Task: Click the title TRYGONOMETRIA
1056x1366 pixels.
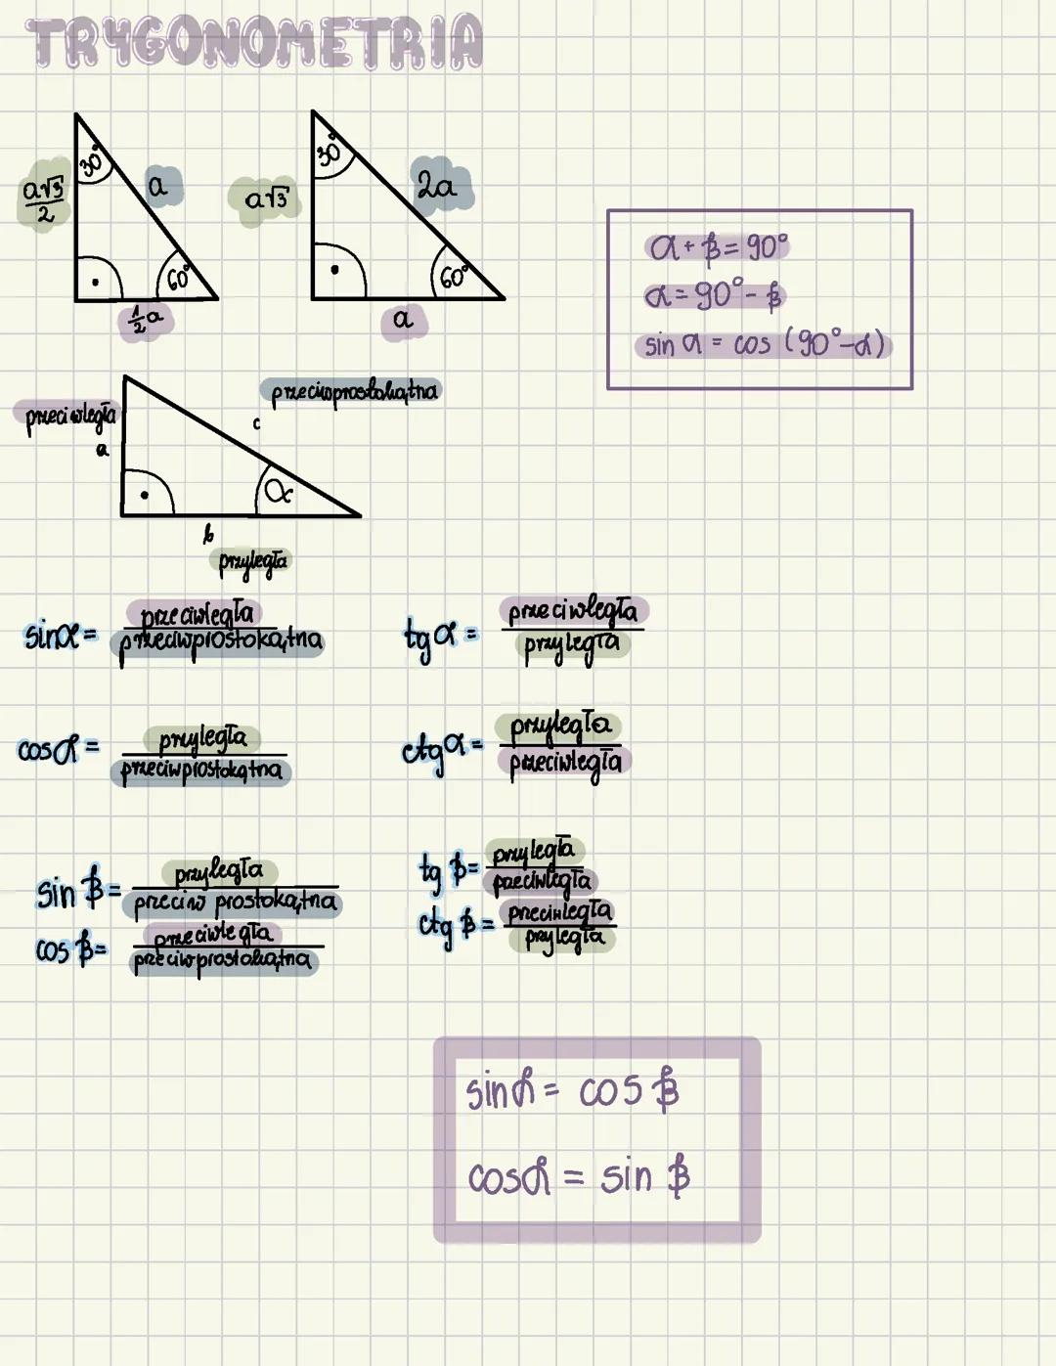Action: coord(254,43)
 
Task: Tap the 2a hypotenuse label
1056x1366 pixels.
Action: coord(438,184)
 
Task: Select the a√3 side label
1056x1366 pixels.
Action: coord(266,199)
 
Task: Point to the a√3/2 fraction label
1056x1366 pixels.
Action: coord(44,198)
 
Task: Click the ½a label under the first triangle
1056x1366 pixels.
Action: coord(148,319)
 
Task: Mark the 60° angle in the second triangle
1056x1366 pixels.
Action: coord(453,277)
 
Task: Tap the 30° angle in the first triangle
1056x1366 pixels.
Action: coord(93,160)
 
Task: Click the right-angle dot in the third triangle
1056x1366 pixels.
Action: coord(145,495)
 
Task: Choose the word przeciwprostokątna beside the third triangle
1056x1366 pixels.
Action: coord(353,392)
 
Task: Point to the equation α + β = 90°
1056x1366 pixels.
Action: coord(718,247)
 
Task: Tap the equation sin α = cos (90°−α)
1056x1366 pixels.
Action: coord(764,344)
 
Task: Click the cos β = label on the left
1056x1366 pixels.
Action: coord(71,949)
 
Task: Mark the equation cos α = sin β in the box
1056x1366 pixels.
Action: coord(578,1176)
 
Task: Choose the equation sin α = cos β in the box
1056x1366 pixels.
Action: coord(572,1091)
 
